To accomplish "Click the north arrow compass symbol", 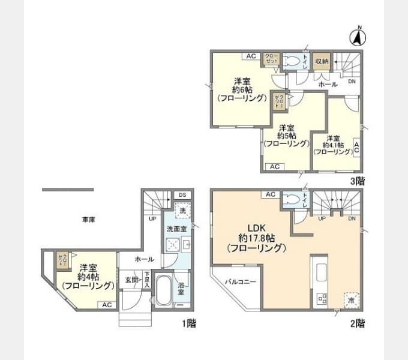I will tap(358, 37).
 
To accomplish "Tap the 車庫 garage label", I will tap(89, 220).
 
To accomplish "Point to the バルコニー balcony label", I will tap(241, 281).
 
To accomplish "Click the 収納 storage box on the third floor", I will tap(321, 61).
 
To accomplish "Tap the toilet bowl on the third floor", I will tap(292, 61).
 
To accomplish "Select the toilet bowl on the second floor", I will tap(292, 199).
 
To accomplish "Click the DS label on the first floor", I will tap(182, 195).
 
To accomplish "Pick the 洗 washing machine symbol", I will tap(182, 211).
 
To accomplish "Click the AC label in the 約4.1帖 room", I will tap(356, 147).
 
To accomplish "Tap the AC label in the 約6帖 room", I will tap(251, 56).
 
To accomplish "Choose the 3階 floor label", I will tap(358, 180).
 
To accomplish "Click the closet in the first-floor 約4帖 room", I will tap(62, 260).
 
